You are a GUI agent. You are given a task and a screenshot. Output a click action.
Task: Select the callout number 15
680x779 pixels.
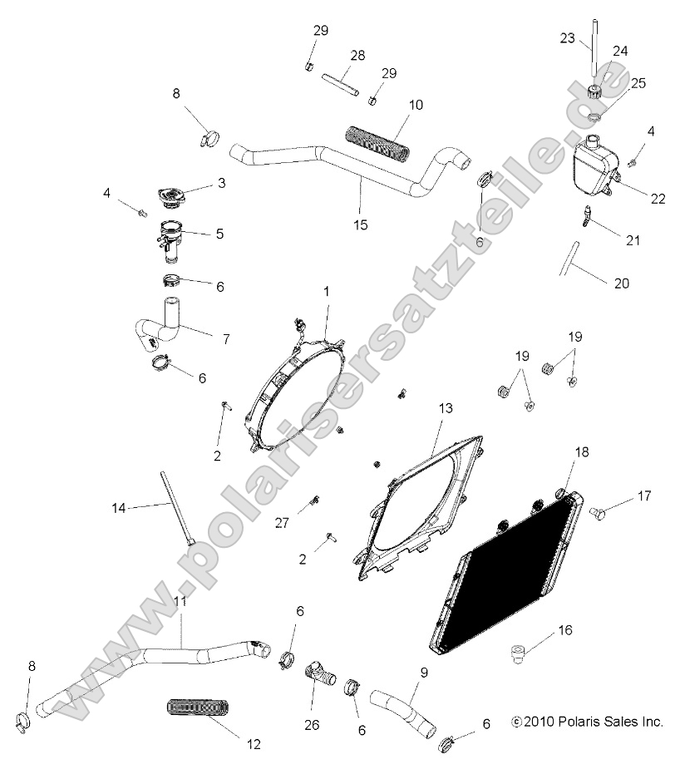[360, 225]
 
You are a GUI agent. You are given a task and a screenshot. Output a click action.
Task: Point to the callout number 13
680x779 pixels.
[446, 408]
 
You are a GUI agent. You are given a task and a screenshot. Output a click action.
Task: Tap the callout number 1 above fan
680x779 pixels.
[327, 292]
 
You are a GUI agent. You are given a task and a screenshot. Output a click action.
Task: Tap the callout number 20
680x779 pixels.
[621, 283]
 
